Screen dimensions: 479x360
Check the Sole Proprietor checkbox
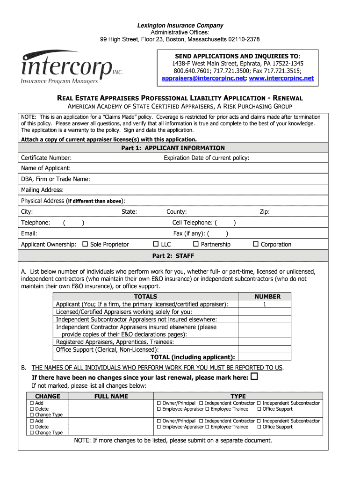point(85,244)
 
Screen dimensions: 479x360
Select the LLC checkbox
point(156,244)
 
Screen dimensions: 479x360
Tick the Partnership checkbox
point(196,244)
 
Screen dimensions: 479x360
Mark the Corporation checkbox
point(256,244)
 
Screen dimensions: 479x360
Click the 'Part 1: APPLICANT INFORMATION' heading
point(173,148)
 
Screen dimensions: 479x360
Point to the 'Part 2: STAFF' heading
point(173,256)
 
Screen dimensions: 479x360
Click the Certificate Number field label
point(46,158)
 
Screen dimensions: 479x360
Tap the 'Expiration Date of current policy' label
point(206,158)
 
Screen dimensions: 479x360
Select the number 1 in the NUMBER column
point(265,304)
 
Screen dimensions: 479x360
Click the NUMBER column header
point(267,297)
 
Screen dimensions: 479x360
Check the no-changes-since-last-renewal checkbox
point(254,377)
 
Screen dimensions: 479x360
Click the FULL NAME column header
point(111,396)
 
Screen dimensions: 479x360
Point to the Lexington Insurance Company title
point(180,25)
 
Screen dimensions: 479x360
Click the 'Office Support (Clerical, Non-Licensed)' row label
point(107,349)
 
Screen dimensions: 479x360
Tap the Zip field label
point(265,212)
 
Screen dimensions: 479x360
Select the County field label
point(176,212)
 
